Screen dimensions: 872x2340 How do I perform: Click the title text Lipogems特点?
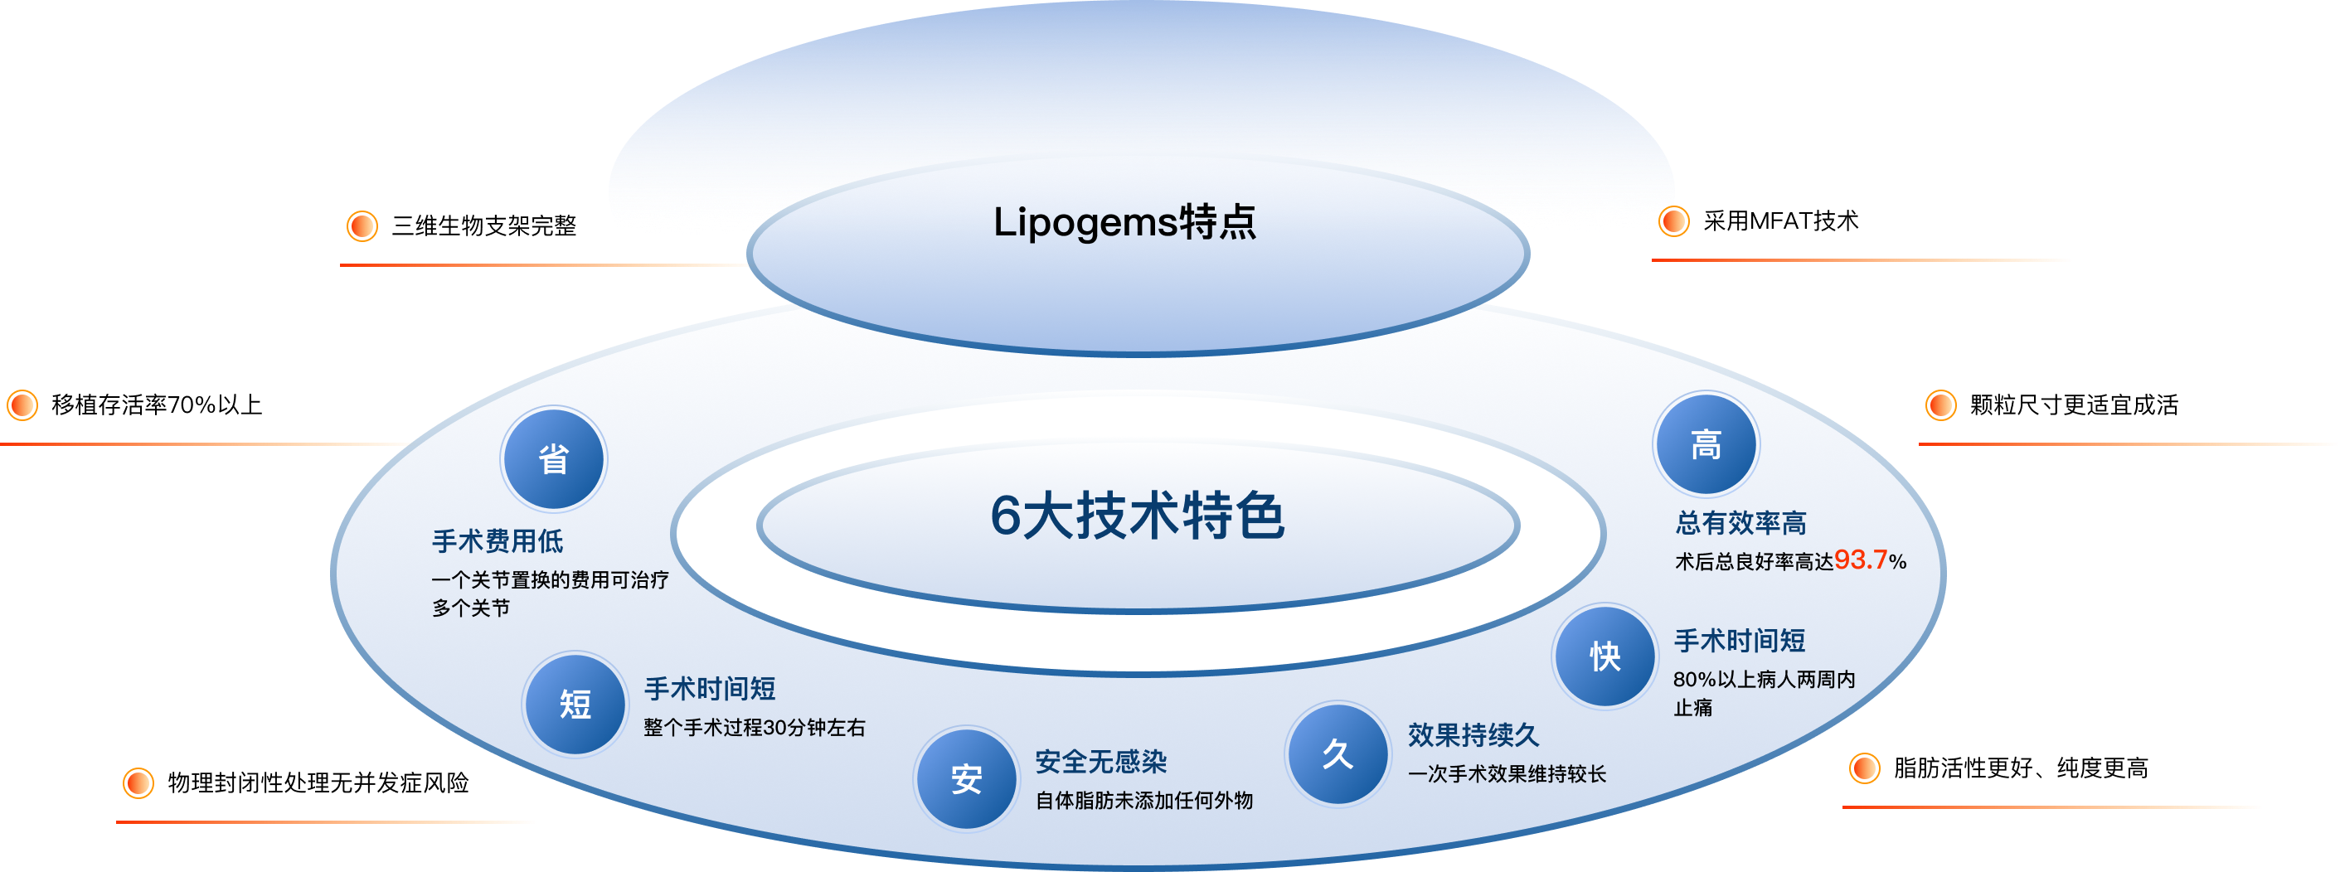click(x=1124, y=222)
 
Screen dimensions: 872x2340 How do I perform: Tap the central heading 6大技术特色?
click(x=1138, y=516)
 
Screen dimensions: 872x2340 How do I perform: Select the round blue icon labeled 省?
click(x=553, y=458)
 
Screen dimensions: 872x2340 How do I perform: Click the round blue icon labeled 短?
click(x=575, y=704)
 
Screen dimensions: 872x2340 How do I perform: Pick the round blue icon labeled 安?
click(x=966, y=778)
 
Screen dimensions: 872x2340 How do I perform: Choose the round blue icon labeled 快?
click(x=1605, y=656)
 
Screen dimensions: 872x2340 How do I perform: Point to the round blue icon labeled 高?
click(x=1705, y=444)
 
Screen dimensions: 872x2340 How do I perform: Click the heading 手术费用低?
click(x=497, y=541)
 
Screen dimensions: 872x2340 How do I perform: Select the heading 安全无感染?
click(x=1100, y=761)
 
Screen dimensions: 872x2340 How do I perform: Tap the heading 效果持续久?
click(x=1473, y=735)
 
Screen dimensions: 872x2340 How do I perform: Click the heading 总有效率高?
click(x=1740, y=523)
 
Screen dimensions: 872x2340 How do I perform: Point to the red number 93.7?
click(x=1861, y=560)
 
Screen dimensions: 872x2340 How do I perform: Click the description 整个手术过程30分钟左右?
click(x=754, y=728)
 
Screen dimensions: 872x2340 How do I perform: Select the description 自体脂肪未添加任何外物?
click(x=1143, y=800)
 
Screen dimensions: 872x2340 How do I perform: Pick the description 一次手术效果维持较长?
click(x=1506, y=774)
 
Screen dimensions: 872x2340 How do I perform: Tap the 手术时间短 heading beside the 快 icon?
click(x=1739, y=641)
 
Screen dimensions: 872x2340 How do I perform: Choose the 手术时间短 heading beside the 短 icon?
click(x=710, y=689)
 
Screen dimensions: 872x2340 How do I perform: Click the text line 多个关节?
click(x=470, y=608)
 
